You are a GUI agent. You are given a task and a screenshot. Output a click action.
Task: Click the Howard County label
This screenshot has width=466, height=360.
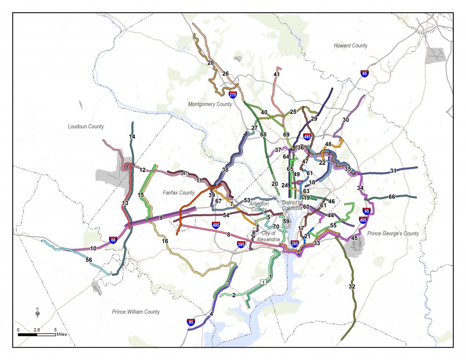pos(350,46)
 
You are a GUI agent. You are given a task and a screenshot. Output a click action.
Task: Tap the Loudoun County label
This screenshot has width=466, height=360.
pos(86,127)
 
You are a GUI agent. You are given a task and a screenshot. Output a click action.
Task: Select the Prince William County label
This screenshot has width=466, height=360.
pos(136,312)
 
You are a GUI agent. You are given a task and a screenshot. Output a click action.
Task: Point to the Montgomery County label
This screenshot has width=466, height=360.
pos(210,104)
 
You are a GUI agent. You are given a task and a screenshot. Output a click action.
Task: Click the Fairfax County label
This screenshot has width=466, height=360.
pos(179,193)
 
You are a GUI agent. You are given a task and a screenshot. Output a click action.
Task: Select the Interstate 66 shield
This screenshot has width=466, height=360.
pos(113,240)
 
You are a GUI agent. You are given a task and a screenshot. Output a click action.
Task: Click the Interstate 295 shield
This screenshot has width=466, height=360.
pos(295,244)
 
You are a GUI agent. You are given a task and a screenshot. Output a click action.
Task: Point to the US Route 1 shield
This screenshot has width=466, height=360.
pos(263,283)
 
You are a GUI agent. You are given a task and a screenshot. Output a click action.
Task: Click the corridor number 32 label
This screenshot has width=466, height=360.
pos(351,287)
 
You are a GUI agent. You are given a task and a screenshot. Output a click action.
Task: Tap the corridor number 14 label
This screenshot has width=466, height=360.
pos(132,137)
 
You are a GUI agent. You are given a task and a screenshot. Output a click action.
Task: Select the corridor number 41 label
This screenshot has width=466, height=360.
pos(277,74)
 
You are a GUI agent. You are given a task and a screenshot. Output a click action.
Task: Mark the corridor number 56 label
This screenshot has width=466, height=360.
pos(89,260)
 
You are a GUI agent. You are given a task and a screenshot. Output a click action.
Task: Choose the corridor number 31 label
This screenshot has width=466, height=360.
pos(393,171)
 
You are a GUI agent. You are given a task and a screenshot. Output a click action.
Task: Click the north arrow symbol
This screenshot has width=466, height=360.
pos(37,313)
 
